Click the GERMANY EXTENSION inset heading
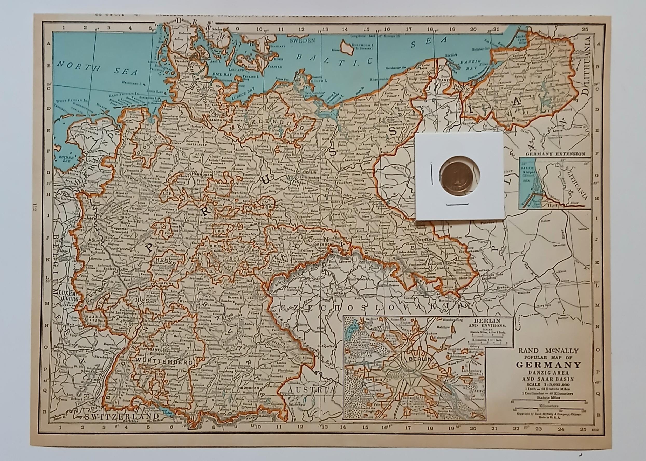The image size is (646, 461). coord(555,154)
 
